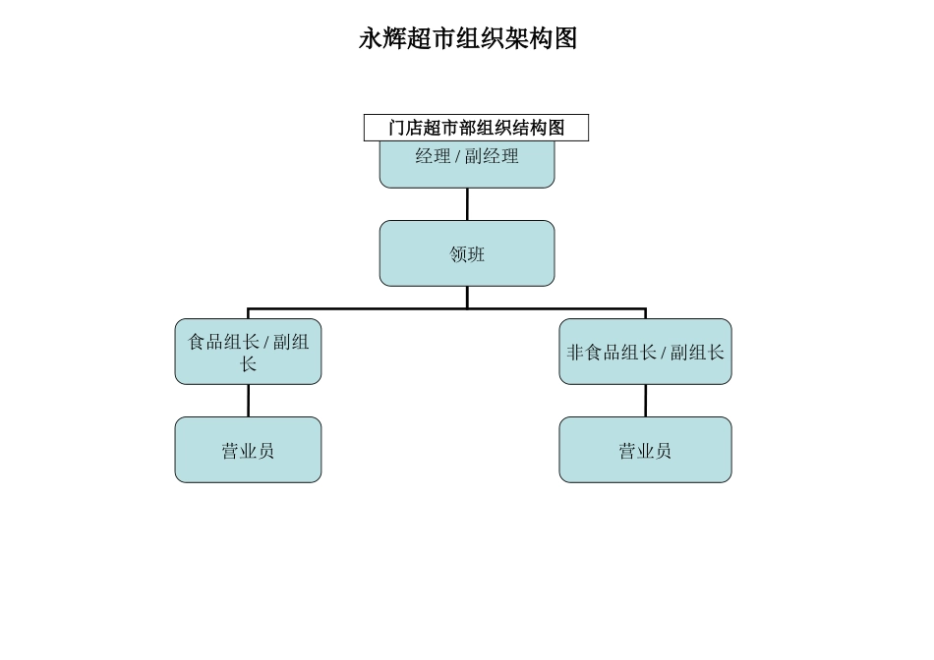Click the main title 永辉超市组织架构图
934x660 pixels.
coord(467,38)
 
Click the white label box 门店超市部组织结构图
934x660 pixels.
coord(476,128)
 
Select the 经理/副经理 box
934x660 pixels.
coord(467,167)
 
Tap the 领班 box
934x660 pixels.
coord(467,253)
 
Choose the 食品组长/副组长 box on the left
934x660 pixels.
coord(248,352)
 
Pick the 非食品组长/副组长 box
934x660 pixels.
coord(645,352)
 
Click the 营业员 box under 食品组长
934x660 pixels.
coord(248,450)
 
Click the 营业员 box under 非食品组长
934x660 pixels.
coord(645,450)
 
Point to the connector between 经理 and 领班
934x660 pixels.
coord(467,204)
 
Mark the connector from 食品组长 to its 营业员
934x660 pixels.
coord(248,401)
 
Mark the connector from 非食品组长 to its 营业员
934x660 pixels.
coord(645,401)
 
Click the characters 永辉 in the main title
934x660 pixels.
coord(382,38)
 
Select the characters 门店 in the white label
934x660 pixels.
coord(405,128)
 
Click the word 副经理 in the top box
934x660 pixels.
coord(492,156)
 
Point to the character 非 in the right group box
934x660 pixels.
coord(575,353)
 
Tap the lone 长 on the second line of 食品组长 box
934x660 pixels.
coord(248,364)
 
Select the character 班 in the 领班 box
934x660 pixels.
coord(476,254)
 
